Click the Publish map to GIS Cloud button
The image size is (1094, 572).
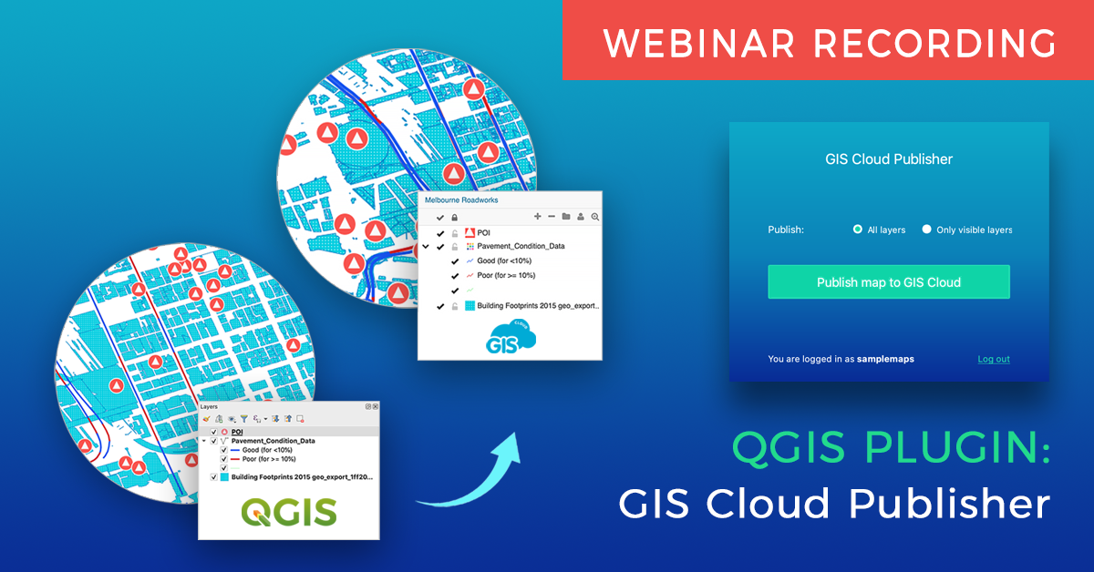[888, 282]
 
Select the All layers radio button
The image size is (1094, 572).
[858, 230]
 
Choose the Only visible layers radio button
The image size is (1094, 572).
[927, 230]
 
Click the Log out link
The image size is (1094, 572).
[994, 359]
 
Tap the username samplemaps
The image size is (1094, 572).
[885, 359]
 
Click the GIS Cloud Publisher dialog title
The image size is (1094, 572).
[889, 159]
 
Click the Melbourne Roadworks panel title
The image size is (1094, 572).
[461, 199]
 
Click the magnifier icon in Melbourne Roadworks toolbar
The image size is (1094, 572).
[595, 217]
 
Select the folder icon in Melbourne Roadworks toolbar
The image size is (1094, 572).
[566, 217]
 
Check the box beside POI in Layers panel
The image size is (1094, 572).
[214, 432]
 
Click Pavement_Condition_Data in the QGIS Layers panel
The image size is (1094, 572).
[273, 441]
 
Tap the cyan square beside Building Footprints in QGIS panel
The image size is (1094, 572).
[224, 476]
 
